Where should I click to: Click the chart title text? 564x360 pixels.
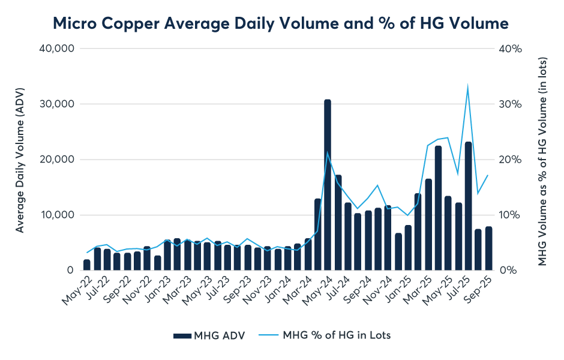(x=281, y=23)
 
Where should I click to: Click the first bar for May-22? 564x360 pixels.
(x=87, y=265)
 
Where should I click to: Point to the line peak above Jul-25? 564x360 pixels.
(x=467, y=88)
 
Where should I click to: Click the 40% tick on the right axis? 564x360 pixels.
(x=509, y=49)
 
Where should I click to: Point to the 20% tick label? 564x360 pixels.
(x=509, y=160)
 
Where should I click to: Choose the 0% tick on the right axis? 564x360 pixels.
(x=507, y=271)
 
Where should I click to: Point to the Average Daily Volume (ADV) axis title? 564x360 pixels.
(x=20, y=159)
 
